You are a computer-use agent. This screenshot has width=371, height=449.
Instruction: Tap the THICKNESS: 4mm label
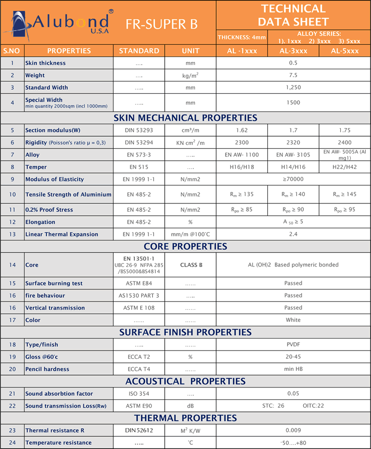[x=242, y=38]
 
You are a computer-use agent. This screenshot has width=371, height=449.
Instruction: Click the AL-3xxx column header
[x=293, y=51]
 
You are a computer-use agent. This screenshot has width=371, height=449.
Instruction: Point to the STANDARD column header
[x=139, y=51]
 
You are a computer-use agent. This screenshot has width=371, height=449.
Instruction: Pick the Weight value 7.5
[x=293, y=75]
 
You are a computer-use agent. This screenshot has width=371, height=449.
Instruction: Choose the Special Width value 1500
[x=293, y=103]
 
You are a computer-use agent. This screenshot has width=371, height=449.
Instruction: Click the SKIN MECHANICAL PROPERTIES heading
[x=185, y=118]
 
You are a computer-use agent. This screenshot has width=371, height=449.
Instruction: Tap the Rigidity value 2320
[x=293, y=142]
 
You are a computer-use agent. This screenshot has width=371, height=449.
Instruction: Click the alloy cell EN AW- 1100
[x=241, y=155]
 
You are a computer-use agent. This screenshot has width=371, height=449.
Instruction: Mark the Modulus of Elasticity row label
[x=55, y=179]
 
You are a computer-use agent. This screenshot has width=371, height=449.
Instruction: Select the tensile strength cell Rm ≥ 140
[x=293, y=195]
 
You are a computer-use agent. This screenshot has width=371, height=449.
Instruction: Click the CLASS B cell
[x=191, y=265]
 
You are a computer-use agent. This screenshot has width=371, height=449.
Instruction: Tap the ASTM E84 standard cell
[x=139, y=284]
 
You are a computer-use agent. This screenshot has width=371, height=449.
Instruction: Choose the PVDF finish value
[x=293, y=345]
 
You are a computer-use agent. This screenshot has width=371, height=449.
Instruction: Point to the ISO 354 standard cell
[x=139, y=394]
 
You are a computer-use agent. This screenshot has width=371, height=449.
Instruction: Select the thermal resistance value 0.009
[x=293, y=430]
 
